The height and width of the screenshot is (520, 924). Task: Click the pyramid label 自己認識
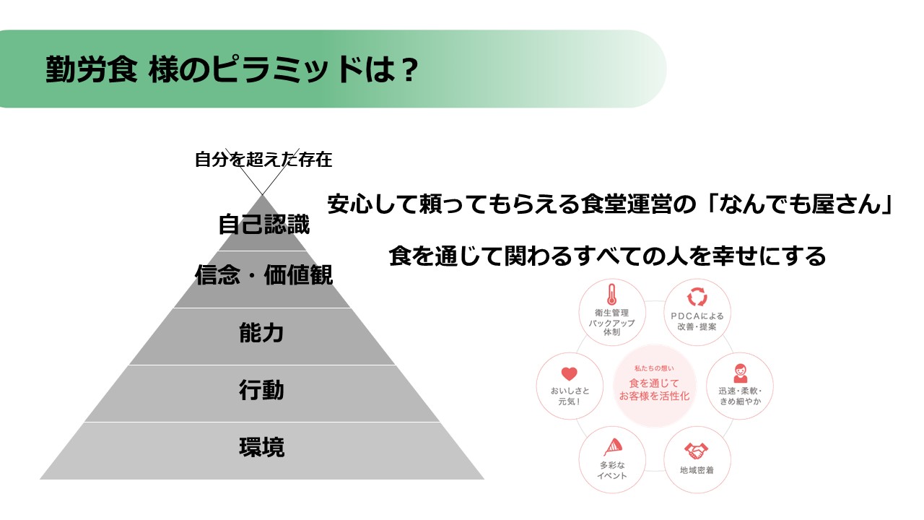coord(263,224)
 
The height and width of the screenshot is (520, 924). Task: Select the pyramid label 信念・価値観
coord(263,275)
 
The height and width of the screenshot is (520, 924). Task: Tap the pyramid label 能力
coord(261,333)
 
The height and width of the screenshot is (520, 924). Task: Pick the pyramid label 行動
coord(261,390)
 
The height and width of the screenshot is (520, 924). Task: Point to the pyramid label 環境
coord(261,447)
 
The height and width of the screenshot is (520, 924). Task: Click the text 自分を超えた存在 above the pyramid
coord(263,160)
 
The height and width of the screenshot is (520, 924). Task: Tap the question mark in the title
coord(409,69)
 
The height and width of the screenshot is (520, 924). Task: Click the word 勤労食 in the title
coord(92,69)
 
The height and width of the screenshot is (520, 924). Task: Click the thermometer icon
coord(611,294)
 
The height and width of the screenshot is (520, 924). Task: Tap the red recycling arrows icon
coord(697,297)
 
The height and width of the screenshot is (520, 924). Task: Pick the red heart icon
coord(570,373)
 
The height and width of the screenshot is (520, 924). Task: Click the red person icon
coord(740,373)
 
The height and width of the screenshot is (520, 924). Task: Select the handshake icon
coord(697,451)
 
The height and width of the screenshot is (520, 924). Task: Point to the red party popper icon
coord(613,447)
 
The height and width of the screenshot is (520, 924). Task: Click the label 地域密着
coord(697,470)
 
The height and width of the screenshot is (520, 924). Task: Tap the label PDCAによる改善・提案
coord(697,321)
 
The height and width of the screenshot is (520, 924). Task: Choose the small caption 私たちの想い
coord(654,368)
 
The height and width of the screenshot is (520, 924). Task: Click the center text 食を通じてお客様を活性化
coord(654,389)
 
